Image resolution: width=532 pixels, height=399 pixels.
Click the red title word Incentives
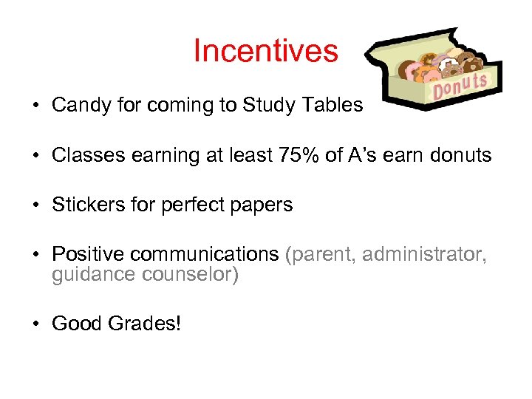click(x=265, y=51)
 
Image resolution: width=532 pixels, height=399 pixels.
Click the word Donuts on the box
click(x=459, y=87)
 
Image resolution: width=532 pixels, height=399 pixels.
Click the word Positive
click(x=88, y=255)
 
